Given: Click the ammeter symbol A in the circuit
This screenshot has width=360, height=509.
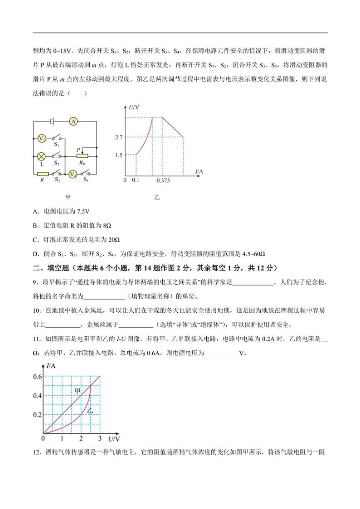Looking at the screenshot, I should [x=74, y=121].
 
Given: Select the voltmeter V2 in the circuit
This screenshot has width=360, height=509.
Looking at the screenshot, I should [x=72, y=174].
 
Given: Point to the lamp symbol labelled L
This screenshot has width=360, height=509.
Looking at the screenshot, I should [x=41, y=156].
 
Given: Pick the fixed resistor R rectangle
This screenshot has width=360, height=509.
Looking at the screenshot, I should [x=43, y=174].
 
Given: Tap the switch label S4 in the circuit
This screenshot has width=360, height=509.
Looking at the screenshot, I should [x=86, y=179].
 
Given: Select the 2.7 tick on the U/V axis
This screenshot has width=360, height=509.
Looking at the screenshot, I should [x=119, y=137].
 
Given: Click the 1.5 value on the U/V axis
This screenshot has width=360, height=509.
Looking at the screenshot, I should [x=119, y=155].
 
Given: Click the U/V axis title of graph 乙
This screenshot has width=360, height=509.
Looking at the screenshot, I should [x=134, y=107].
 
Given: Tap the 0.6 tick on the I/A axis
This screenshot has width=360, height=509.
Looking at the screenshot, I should [x=37, y=377].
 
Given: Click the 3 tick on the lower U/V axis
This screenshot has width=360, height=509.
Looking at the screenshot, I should [x=99, y=439].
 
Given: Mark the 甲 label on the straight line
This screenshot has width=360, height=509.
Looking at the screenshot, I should [x=78, y=390].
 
